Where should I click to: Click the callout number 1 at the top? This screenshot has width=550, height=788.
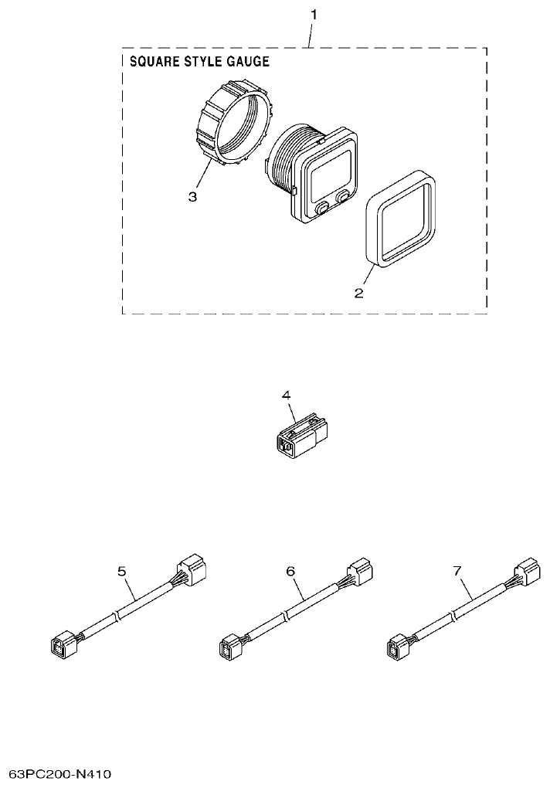(313, 15)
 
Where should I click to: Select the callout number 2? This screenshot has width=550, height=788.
(358, 293)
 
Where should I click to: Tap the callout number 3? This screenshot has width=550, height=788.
(192, 197)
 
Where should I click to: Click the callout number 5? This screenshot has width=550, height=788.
(122, 571)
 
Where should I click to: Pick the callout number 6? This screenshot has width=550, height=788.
(290, 571)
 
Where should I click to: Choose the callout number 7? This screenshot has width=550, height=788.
(457, 571)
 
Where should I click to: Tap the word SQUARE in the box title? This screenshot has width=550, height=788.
(150, 62)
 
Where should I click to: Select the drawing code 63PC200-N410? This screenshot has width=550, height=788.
(61, 773)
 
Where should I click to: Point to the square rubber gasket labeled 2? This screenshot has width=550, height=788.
(400, 219)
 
